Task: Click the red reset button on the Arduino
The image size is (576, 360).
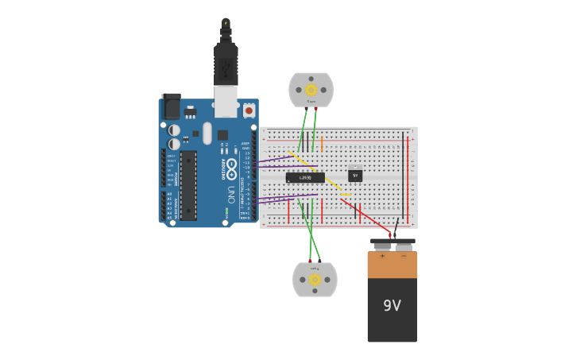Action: coord(249,110)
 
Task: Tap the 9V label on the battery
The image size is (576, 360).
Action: coord(392,306)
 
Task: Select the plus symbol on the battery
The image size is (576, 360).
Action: coord(381,256)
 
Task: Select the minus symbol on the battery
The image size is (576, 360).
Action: coord(403,256)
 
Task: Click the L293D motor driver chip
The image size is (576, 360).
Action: coord(305,178)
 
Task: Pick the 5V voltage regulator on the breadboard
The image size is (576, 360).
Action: coord(355,174)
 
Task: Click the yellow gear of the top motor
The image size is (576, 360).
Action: coord(311,90)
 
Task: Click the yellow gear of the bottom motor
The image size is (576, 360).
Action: coord(315,280)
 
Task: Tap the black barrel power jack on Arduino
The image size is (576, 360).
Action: coord(171,106)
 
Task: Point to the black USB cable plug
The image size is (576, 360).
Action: coord(226,64)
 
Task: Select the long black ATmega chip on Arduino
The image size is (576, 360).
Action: coord(188,185)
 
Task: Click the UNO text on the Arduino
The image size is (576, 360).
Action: coord(231,194)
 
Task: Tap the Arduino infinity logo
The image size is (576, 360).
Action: coord(231,168)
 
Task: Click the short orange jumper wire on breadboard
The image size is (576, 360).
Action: coord(346,194)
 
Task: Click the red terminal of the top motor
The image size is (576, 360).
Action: coord(315,109)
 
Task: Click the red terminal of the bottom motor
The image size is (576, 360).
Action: coord(310,261)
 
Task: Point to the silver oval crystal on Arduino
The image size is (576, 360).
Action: coord(207,133)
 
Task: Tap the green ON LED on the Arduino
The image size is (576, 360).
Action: coord(226,213)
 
